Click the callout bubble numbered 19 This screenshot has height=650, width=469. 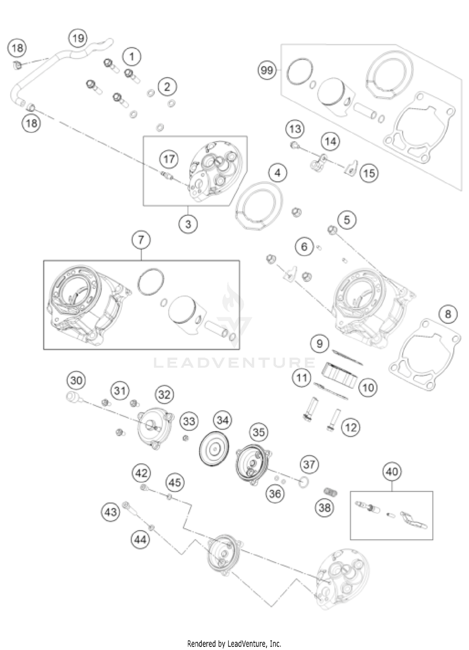click(x=78, y=38)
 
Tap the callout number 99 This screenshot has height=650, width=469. click(x=267, y=70)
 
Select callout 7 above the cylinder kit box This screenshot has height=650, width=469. click(x=141, y=240)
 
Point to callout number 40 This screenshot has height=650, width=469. click(x=392, y=471)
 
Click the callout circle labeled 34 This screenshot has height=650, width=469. click(x=223, y=421)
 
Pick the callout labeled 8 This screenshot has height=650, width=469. click(x=448, y=314)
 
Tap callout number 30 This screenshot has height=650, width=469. click(x=76, y=380)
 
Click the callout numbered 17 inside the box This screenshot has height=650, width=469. click(x=169, y=159)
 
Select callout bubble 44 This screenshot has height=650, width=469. click(x=140, y=539)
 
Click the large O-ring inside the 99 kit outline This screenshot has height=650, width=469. click(x=300, y=71)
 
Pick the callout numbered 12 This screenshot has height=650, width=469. click(x=351, y=427)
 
